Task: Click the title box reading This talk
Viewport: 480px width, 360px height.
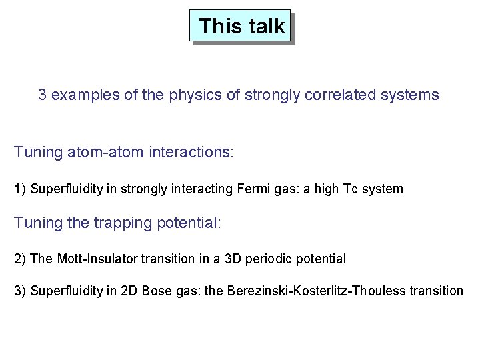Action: click(x=241, y=26)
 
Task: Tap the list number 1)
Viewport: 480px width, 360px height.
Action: click(x=21, y=189)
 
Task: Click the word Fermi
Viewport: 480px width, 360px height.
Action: click(x=252, y=189)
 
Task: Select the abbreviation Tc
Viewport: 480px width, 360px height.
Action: click(x=351, y=189)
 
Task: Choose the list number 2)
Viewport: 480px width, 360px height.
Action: click(x=21, y=258)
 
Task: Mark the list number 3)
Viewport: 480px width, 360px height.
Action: click(x=21, y=291)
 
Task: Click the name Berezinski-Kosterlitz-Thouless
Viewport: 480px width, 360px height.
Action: click(x=321, y=291)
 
